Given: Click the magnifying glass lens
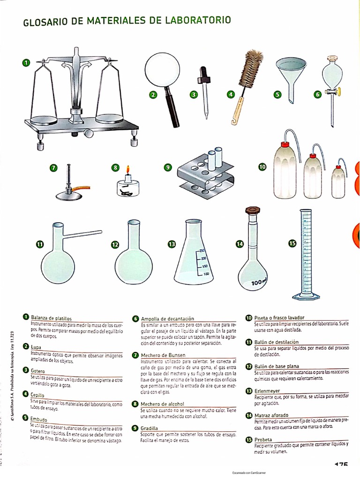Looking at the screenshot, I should [x=159, y=68].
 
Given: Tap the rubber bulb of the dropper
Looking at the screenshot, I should [x=204, y=73].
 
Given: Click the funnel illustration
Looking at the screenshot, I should [x=290, y=75].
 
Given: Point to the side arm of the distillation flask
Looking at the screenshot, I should [x=83, y=232].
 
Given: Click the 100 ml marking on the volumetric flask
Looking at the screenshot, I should [x=258, y=283].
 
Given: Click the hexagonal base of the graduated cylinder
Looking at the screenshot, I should [x=306, y=295].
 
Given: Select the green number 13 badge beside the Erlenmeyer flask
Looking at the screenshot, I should [x=172, y=244].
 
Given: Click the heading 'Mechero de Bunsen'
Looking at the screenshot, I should [x=163, y=355].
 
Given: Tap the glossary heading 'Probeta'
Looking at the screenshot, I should [x=263, y=439].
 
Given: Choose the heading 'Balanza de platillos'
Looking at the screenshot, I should [x=51, y=318].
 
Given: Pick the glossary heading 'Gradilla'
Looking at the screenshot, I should [x=150, y=428].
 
